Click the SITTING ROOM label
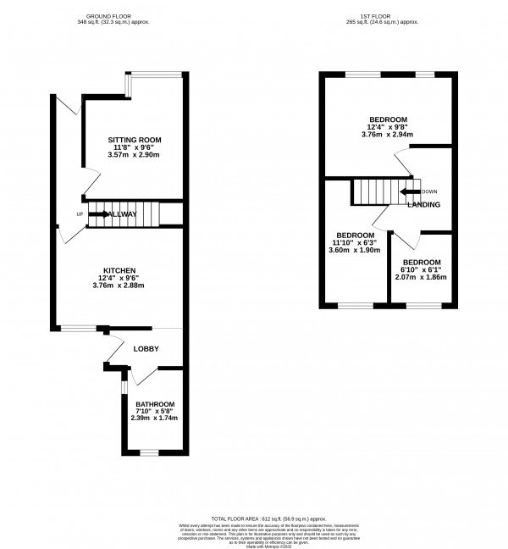click(134, 140)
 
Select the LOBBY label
click(146, 348)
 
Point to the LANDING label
click(422, 205)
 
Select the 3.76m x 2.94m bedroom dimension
click(388, 134)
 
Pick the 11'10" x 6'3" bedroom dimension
click(355, 242)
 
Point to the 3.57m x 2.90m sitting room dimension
click(134, 155)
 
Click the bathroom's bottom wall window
click(150, 452)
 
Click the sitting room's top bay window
click(155, 75)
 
